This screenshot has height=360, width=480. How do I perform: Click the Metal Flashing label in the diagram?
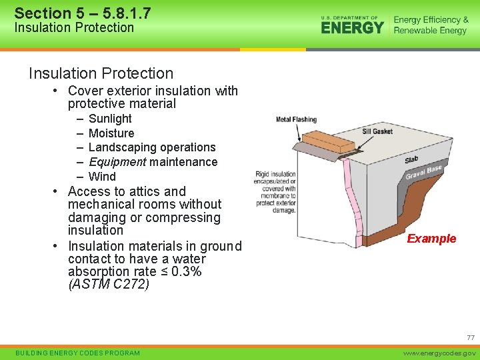pyautogui.click(x=296, y=119)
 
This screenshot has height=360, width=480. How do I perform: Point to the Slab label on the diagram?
pyautogui.click(x=411, y=160)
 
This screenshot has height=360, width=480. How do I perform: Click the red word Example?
pyautogui.click(x=431, y=239)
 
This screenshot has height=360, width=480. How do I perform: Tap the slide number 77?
pyautogui.click(x=471, y=338)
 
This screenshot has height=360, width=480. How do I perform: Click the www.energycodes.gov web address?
pyautogui.click(x=442, y=353)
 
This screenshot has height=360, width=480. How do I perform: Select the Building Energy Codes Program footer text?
pyautogui.click(x=77, y=353)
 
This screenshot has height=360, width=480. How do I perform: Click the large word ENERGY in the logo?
pyautogui.click(x=353, y=27)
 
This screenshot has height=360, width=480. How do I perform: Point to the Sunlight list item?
pyautogui.click(x=110, y=119)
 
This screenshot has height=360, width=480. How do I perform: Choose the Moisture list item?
pyautogui.click(x=111, y=133)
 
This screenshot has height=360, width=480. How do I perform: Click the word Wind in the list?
pyautogui.click(x=102, y=177)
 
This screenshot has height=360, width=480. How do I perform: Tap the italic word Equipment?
pyautogui.click(x=117, y=162)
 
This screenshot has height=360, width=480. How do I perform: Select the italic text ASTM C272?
pyautogui.click(x=109, y=285)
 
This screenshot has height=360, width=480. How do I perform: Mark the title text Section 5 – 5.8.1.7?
pyautogui.click(x=83, y=13)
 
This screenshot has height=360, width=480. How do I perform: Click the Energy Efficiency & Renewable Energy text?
pyautogui.click(x=431, y=25)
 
